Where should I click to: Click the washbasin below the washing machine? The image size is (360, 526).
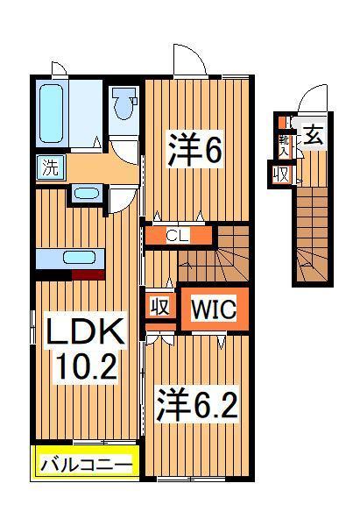[x=86, y=193]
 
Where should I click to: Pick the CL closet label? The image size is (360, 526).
[x=178, y=235]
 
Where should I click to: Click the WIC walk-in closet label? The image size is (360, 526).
[x=211, y=309]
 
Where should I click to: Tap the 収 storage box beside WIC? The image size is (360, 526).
[x=159, y=307]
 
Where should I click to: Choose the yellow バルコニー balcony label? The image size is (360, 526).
[x=85, y=463]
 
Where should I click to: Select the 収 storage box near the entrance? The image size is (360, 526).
[x=280, y=174]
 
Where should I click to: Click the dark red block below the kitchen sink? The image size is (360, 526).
[x=87, y=274]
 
